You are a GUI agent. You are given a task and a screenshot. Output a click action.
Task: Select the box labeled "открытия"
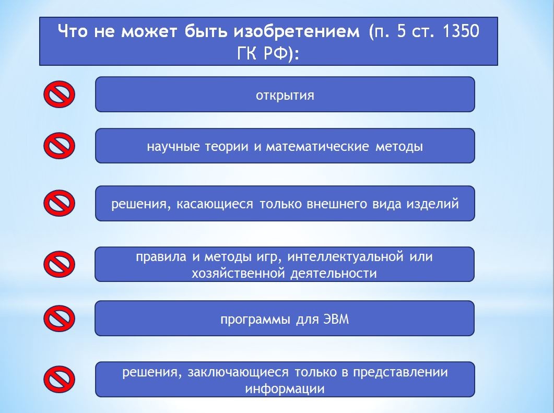285,95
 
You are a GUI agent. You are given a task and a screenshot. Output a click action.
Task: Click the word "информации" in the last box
285,388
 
